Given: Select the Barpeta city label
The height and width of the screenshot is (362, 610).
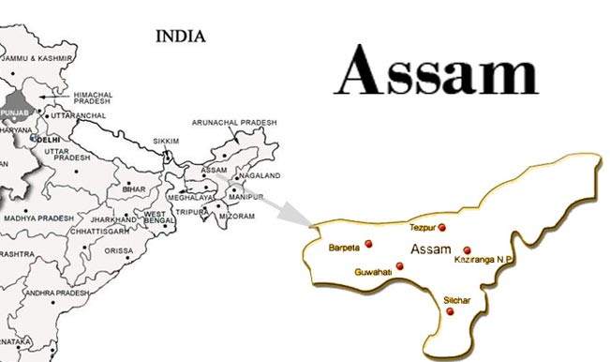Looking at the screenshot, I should tap(345, 248).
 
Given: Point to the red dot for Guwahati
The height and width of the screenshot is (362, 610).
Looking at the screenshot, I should tap(400, 266).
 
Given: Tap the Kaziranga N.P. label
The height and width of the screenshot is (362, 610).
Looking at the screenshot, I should tap(484, 258).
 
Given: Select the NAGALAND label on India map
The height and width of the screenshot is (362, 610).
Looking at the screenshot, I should tap(260, 175).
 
